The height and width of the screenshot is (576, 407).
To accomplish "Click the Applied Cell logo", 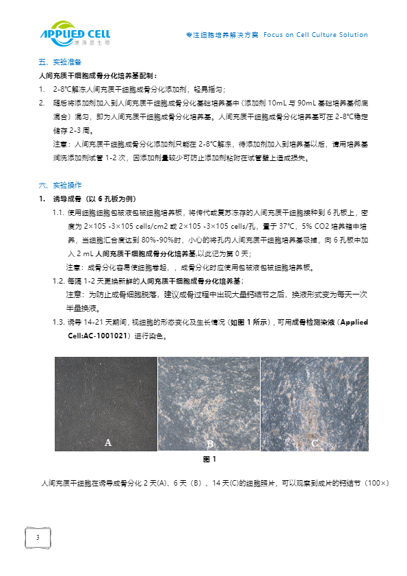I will pyautogui.click(x=75, y=34).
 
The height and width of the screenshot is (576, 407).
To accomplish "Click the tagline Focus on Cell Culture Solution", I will pyautogui.click(x=315, y=35).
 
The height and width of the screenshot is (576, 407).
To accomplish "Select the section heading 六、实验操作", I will pyautogui.click(x=60, y=185).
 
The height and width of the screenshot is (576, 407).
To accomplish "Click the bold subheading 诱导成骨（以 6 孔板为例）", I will pyautogui.click(x=96, y=199).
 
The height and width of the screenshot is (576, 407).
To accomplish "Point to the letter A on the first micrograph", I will pyautogui.click(x=107, y=443).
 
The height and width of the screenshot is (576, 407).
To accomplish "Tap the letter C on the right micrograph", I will pyautogui.click(x=315, y=443).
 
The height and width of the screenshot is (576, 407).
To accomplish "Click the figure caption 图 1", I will pyautogui.click(x=209, y=459).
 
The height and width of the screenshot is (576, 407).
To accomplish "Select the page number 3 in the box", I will pyautogui.click(x=38, y=538).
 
